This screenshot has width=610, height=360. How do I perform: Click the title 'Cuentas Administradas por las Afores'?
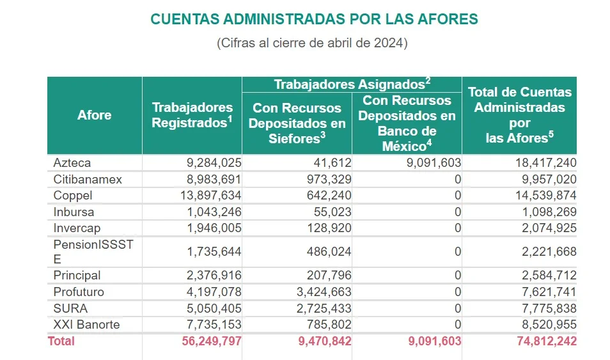pos(314,19)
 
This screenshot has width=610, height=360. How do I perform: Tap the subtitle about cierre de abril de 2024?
pos(312,43)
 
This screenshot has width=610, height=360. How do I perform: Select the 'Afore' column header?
pos(94,115)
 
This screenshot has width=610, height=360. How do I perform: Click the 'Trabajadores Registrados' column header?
pos(192,115)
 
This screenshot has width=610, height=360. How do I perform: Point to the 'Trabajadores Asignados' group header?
pos(352,84)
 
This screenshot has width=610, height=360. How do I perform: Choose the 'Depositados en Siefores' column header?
pos(297,123)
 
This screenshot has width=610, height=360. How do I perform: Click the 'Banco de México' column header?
pos(407,123)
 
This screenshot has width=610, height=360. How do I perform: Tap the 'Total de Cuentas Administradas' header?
pos(519,115)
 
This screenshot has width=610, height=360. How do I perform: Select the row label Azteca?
pos(72,163)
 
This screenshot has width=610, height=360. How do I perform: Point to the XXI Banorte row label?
pos(86,325)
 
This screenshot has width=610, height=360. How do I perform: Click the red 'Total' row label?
pos(61,341)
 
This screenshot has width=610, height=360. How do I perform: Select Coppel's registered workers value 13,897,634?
pos(204,196)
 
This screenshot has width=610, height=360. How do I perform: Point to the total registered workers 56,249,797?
pos(204,341)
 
